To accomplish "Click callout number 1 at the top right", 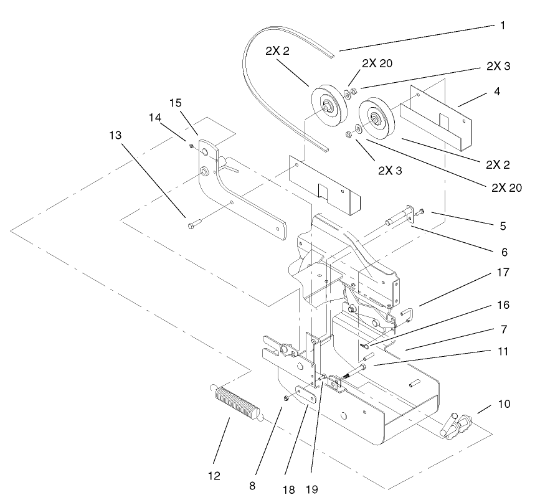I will pos(502,26).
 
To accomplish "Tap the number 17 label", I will pos(503,272).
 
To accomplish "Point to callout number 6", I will pos(503,252).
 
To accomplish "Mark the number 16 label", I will pos(503,305).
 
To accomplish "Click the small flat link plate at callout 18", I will pos(305,394).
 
